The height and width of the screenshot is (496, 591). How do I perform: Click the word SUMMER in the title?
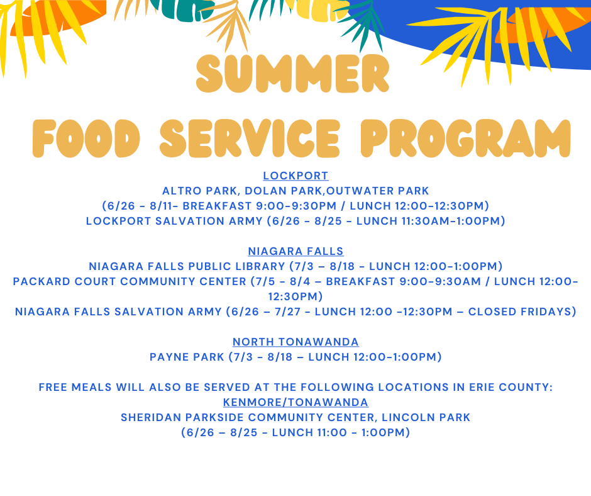click(x=293, y=74)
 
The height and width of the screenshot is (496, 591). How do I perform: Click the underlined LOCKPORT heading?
click(x=295, y=176)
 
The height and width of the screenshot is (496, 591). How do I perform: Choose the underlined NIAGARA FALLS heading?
click(x=295, y=251)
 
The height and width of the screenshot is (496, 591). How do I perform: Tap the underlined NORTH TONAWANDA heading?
click(x=295, y=342)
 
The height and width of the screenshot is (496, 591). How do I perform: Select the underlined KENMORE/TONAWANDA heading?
click(x=295, y=402)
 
